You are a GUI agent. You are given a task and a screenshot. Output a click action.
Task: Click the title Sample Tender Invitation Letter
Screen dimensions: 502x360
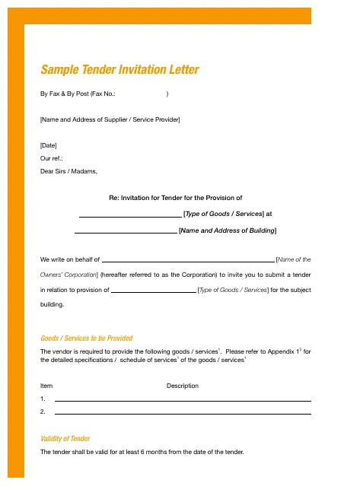(119, 70)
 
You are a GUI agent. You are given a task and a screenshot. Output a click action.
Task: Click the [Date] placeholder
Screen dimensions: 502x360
(48, 145)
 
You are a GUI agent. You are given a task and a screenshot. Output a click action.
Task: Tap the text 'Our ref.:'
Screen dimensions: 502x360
(52, 158)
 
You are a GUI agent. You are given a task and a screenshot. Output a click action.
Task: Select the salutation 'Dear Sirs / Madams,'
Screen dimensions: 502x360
(68, 171)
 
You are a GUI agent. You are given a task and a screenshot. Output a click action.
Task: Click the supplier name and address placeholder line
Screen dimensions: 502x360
(110, 119)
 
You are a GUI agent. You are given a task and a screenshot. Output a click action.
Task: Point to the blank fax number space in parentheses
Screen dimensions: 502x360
(142, 94)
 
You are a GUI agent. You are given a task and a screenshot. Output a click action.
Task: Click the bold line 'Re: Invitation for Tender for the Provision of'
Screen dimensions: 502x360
(176, 199)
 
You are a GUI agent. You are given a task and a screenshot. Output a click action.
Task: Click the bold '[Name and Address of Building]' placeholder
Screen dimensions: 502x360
(227, 230)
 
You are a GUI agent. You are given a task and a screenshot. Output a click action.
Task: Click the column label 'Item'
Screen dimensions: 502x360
(46, 386)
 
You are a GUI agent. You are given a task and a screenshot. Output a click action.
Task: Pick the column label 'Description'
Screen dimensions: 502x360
(183, 386)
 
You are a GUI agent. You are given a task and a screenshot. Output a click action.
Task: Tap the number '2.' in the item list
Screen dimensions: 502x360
(43, 411)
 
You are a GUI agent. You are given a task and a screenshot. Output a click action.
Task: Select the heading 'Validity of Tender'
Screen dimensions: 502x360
(65, 439)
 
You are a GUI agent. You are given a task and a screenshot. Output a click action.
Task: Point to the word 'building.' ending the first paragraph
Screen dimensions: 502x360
(52, 304)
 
